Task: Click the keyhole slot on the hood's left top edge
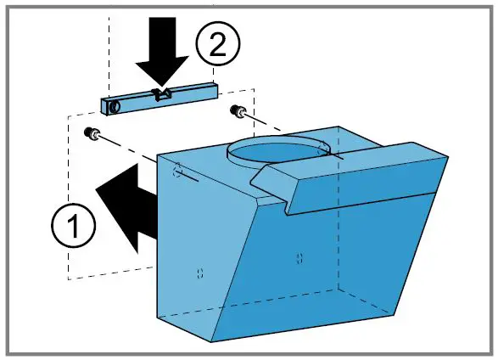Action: (x=176, y=172)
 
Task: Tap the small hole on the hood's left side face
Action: (x=199, y=273)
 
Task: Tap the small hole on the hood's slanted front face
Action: (x=298, y=256)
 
